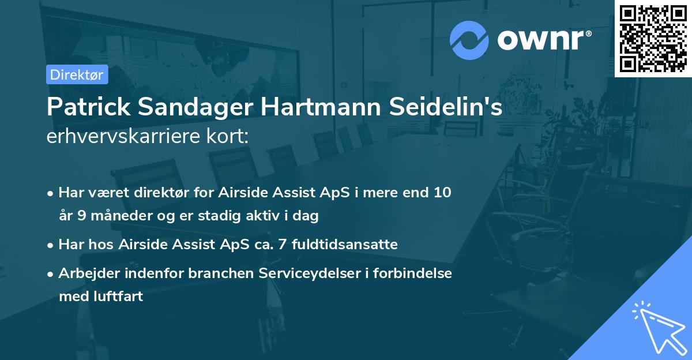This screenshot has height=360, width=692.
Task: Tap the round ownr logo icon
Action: coord(469,40)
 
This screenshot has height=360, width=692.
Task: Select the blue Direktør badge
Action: coord(77,74)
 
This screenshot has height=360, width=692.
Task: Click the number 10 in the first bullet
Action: coord(442,193)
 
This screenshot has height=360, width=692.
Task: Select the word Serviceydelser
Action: coord(305,273)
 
